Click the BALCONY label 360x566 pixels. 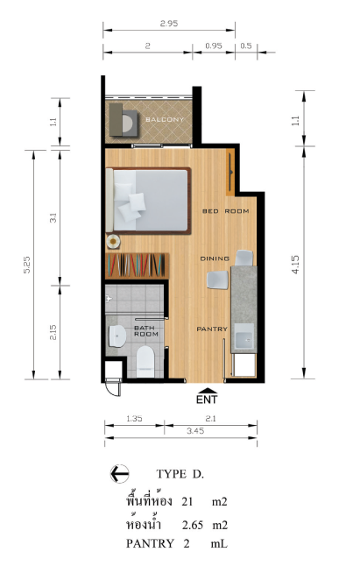point(165,119)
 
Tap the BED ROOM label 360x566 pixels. point(225,211)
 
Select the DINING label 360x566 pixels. point(215,258)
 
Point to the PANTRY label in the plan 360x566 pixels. point(212,329)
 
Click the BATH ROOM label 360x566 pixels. point(146,331)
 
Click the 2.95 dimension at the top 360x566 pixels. point(169,24)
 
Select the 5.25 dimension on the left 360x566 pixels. point(27,265)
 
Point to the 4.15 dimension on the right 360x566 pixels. point(295,265)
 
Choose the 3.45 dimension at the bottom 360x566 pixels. point(196,431)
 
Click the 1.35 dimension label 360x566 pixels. point(134,419)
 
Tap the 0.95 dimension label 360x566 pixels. point(214,46)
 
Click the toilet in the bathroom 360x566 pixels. point(145,362)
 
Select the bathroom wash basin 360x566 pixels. point(116,336)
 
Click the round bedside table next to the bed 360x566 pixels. point(113,241)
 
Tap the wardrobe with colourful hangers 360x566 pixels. point(137,265)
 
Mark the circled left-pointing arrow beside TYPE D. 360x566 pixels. point(120,474)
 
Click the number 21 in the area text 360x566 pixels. point(187,501)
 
